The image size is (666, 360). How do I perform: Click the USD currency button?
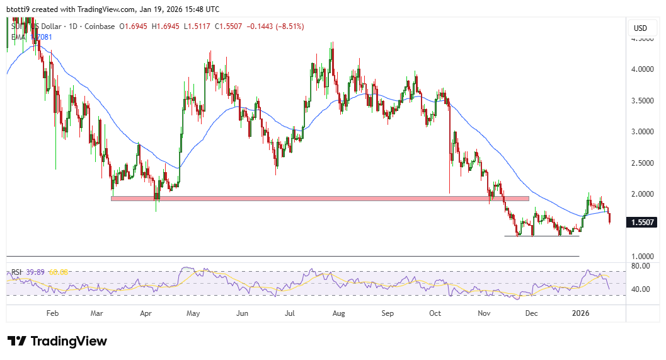point(640,28)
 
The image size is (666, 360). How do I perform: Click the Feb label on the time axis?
point(52,313)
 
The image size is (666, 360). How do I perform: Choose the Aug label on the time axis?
point(338,313)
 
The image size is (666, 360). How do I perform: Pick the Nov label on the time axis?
point(484,313)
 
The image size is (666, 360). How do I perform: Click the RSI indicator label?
point(16,272)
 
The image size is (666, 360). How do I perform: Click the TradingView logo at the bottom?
point(57,341)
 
